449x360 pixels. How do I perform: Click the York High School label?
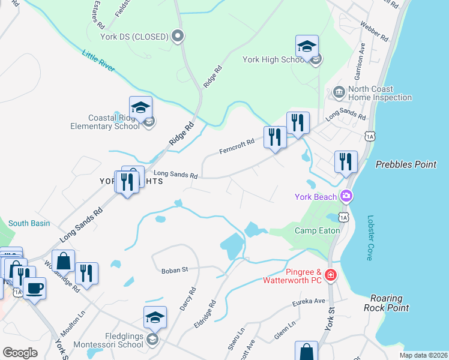click(273, 59)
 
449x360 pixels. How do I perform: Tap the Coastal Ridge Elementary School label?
click(106, 122)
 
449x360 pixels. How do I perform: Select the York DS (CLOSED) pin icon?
click(178, 37)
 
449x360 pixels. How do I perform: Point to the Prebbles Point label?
click(406, 164)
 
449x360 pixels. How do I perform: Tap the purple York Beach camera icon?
click(346, 196)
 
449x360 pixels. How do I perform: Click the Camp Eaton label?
click(317, 230)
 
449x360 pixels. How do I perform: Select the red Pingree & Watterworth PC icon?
click(330, 275)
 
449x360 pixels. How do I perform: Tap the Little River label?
click(98, 61)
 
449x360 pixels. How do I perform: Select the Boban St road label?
click(175, 270)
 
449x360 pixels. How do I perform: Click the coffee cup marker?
click(34, 289)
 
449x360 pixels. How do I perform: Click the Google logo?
click(20, 353)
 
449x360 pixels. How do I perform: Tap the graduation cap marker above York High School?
click(307, 46)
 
